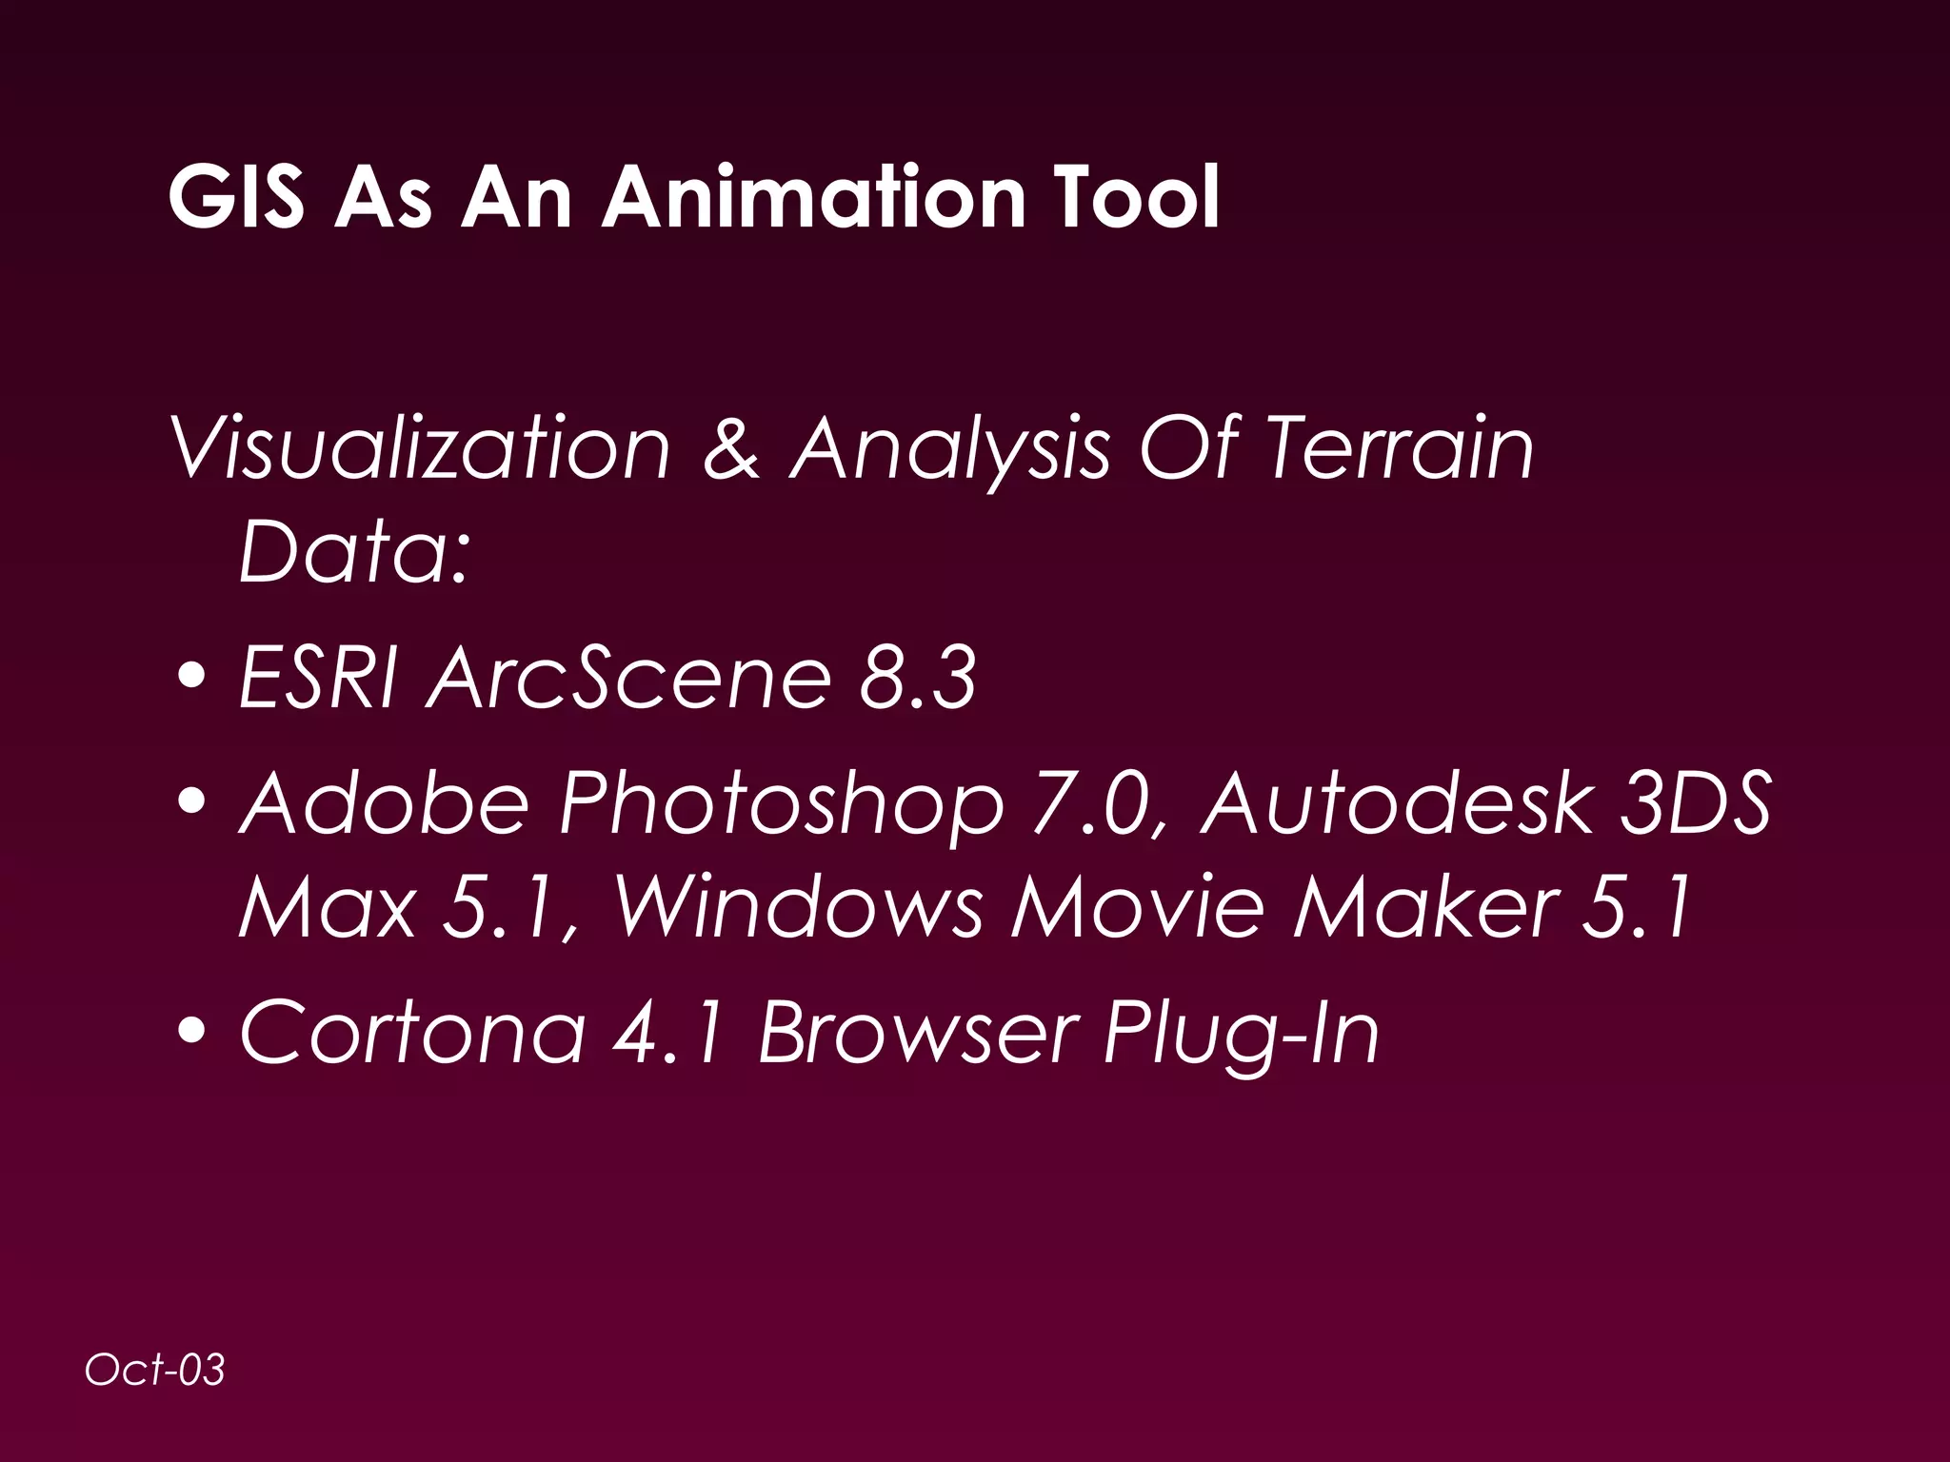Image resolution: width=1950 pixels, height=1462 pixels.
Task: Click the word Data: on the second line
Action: pos(354,551)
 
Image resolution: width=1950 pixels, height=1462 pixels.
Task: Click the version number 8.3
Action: pos(917,678)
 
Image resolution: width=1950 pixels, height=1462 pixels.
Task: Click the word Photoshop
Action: pos(781,804)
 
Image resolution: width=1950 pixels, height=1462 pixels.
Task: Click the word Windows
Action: pos(798,906)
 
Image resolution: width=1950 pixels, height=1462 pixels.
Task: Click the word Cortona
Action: pos(412,1032)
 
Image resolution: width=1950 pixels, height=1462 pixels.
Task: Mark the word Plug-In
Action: pos(1241,1034)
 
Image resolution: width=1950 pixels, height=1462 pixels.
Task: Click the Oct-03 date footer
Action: pos(154,1371)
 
